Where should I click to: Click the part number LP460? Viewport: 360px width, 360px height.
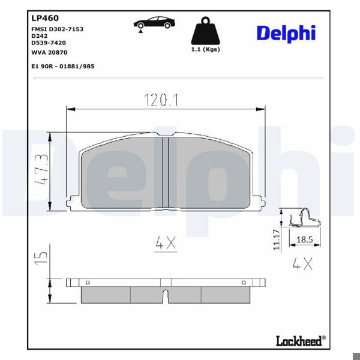(44, 19)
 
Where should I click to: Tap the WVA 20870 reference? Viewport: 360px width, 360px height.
(51, 52)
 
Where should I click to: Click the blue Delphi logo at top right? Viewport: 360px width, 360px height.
(286, 33)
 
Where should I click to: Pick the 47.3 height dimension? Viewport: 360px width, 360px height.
(41, 172)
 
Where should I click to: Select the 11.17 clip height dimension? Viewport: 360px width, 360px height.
(277, 239)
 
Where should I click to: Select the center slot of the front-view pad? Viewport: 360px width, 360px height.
(166, 173)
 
